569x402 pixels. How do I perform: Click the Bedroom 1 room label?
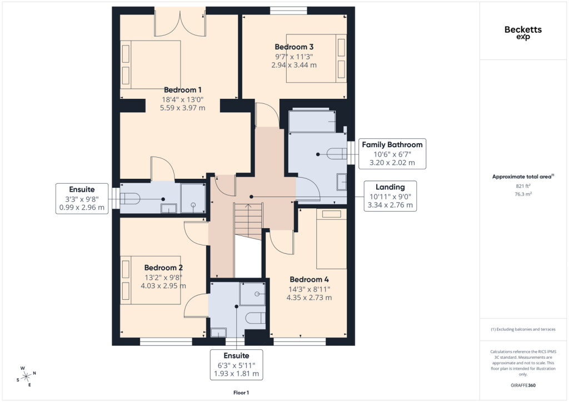pos(182,90)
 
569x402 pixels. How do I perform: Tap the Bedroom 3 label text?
pos(294,47)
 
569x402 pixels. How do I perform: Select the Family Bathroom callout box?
pos(392,154)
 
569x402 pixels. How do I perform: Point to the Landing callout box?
pos(390,196)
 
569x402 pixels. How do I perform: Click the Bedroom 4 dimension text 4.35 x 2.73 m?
pos(309,298)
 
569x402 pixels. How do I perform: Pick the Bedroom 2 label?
pos(163,268)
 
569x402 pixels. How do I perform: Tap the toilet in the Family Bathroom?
pos(337,154)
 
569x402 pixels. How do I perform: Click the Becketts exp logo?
pos(523,32)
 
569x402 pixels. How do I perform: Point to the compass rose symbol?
pos(26,376)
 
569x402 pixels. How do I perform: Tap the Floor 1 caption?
pos(241,393)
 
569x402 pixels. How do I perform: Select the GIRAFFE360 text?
pos(523,385)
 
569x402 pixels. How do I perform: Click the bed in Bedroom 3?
pos(316,58)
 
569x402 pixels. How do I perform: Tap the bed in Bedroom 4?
pos(331,239)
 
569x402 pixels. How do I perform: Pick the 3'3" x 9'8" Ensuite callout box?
pos(82,199)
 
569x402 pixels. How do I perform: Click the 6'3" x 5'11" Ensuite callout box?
pos(236,365)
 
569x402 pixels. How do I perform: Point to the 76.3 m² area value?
pos(523,194)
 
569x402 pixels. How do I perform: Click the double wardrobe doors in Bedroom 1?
pos(181,23)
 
